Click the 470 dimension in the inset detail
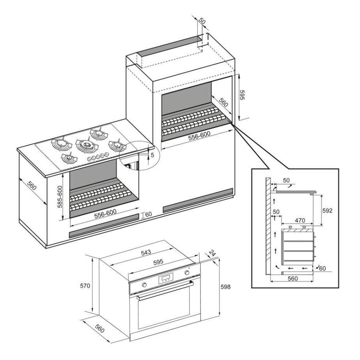point(300,220)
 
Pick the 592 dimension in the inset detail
point(328,211)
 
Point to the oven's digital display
point(165,278)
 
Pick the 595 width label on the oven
point(159,262)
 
